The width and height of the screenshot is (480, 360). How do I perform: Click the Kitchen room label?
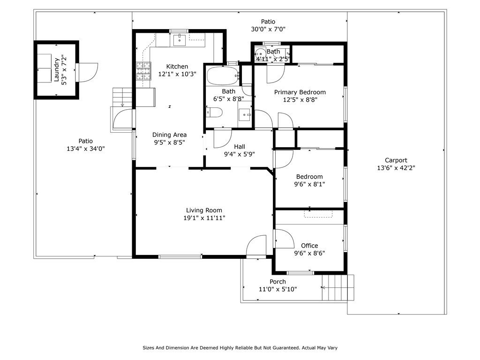click(x=177, y=67)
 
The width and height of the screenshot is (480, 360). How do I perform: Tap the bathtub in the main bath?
click(x=223, y=75)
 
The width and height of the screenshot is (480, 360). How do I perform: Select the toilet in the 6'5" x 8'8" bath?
click(x=214, y=112)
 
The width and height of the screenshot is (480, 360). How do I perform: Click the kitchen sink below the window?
click(x=180, y=40)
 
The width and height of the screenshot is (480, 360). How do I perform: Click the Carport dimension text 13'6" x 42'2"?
click(x=396, y=168)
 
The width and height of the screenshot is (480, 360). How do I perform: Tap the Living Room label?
click(x=204, y=210)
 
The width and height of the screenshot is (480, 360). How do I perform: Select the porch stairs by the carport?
click(x=338, y=288)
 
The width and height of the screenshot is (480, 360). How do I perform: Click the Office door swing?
click(x=285, y=239)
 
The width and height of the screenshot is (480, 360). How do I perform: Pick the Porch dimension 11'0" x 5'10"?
click(x=278, y=289)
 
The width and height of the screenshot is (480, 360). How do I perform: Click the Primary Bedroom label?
click(x=300, y=92)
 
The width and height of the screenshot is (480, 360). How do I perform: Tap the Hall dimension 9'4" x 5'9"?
click(x=240, y=154)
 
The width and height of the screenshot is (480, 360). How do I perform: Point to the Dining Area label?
click(x=169, y=135)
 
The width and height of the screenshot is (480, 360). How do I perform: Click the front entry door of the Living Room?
click(x=256, y=245)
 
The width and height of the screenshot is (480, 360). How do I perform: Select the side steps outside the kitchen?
click(x=122, y=97)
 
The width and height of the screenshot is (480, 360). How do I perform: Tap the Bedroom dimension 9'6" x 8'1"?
click(x=309, y=184)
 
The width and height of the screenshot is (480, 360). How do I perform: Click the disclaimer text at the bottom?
click(x=240, y=348)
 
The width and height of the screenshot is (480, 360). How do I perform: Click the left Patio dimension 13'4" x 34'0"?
click(x=86, y=149)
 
